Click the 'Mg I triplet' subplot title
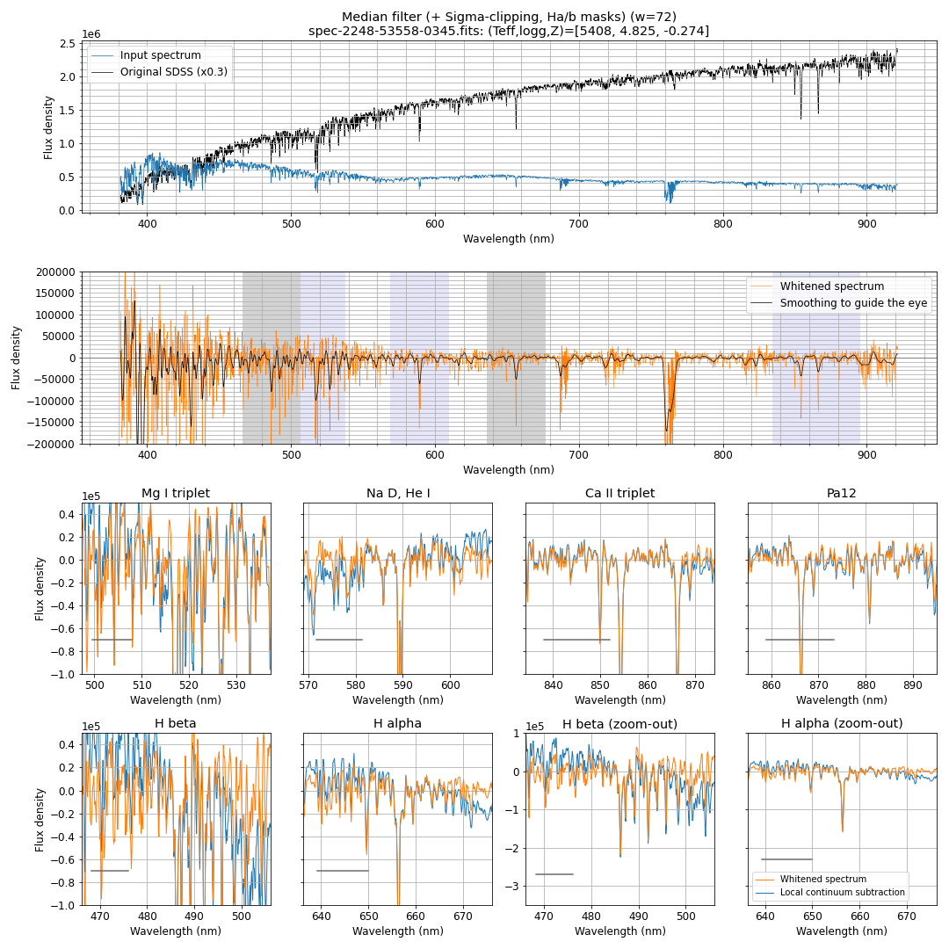(176, 493)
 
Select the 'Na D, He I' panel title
(397, 493)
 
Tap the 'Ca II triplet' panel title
(619, 493)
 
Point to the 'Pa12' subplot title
(842, 493)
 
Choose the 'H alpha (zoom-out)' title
(842, 723)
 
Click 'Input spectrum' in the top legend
(160, 55)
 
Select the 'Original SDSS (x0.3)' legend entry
(174, 72)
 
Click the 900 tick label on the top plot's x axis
(866, 224)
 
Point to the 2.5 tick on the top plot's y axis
(67, 44)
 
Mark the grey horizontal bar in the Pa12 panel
(800, 640)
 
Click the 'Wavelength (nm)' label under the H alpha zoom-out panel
(842, 931)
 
